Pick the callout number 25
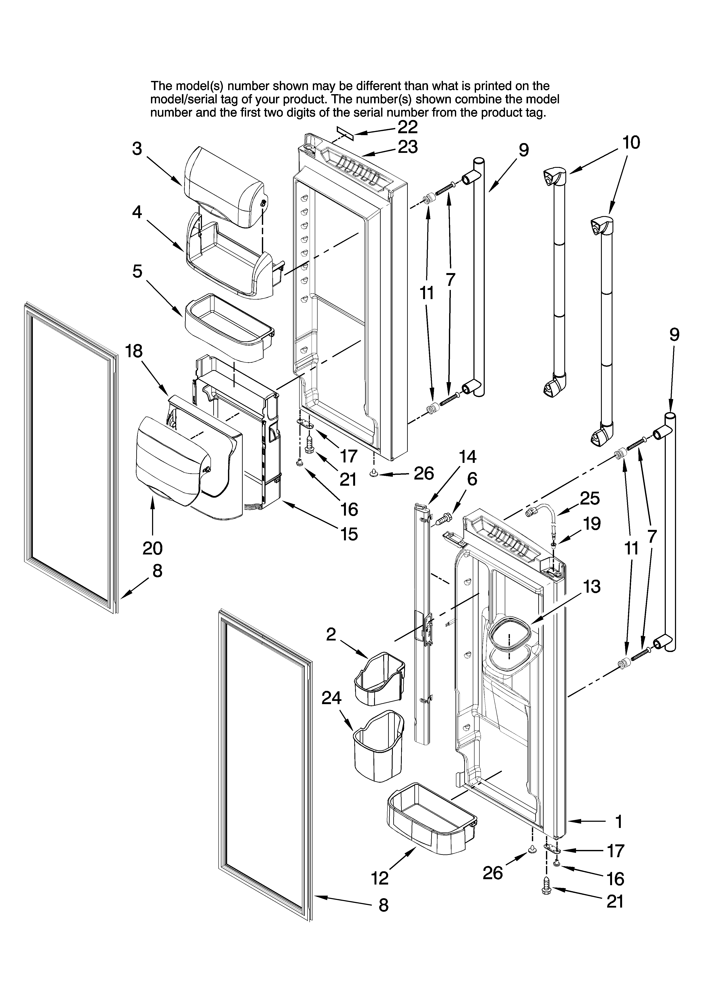tap(590, 498)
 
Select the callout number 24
tap(331, 698)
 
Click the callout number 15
tap(349, 534)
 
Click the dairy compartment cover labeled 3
tap(224, 187)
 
